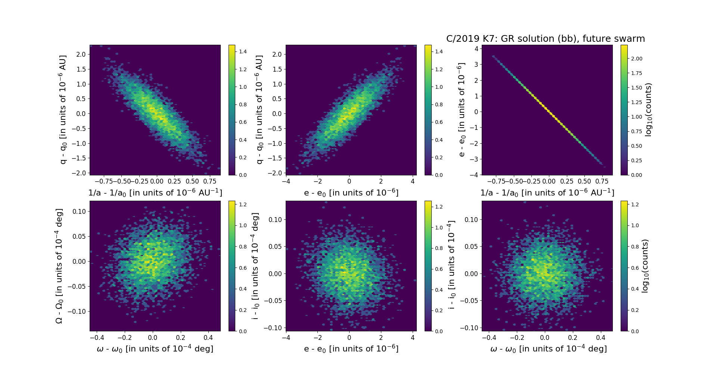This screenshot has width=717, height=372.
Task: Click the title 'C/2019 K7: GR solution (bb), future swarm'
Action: (x=546, y=39)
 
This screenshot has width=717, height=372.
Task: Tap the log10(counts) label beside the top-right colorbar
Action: (x=648, y=110)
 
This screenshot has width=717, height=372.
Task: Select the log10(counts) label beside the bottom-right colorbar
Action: (x=645, y=266)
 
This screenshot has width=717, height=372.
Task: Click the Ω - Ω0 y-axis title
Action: (x=59, y=266)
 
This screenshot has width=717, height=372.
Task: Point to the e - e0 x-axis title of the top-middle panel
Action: (x=351, y=193)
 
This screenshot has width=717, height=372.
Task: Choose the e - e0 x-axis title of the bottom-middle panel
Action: (x=351, y=349)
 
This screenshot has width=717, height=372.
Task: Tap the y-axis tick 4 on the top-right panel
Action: (x=476, y=49)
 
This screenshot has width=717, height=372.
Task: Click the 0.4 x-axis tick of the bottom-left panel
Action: (x=208, y=338)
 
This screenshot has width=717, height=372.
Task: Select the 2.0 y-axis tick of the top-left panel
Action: (x=81, y=54)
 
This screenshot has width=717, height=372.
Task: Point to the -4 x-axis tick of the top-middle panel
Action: (x=286, y=181)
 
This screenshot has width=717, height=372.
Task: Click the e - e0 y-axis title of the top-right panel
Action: (x=462, y=110)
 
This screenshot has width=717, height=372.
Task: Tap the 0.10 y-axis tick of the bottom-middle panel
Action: (x=275, y=220)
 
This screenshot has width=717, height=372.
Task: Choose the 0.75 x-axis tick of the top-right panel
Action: (x=602, y=181)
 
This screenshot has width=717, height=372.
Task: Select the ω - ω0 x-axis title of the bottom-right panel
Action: (x=548, y=349)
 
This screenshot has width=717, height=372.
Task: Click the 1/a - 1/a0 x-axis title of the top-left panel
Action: (x=155, y=193)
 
